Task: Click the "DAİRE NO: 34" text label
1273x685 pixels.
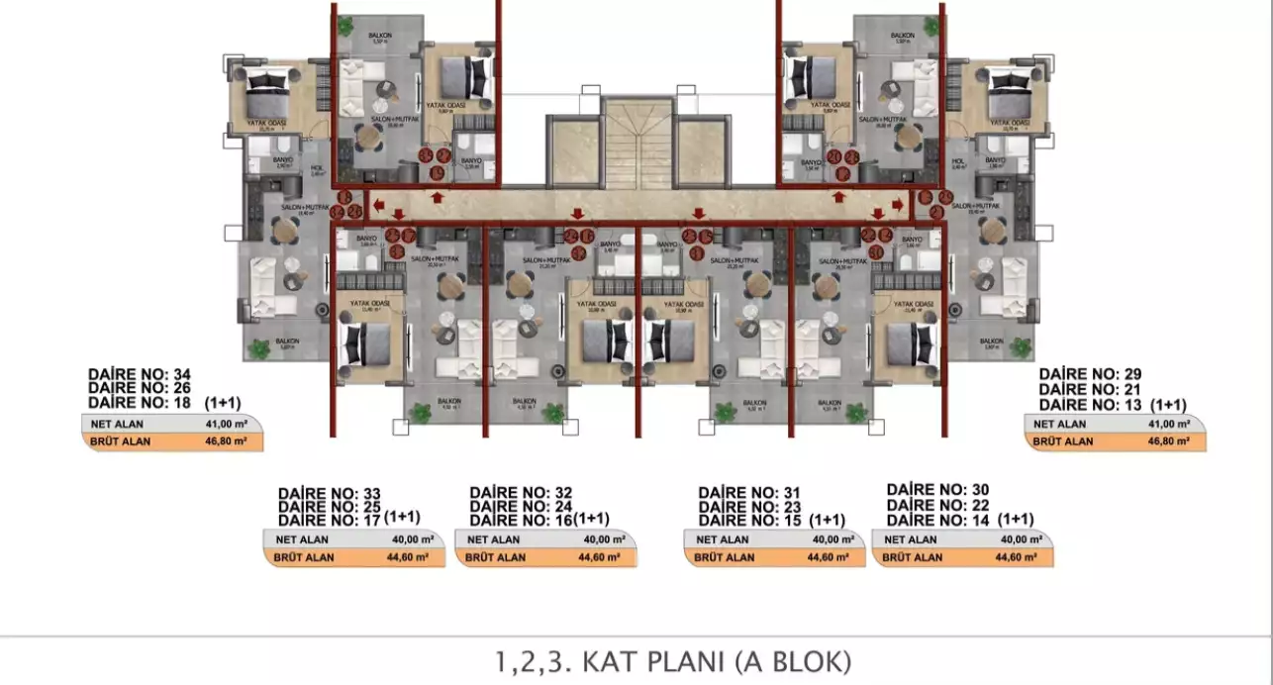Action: pos(140,374)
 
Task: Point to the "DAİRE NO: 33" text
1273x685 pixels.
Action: pos(330,493)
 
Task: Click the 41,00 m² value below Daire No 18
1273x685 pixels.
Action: pos(227,424)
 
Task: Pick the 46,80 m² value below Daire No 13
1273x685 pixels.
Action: pos(1169,440)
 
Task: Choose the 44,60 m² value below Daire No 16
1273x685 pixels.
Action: pos(599,557)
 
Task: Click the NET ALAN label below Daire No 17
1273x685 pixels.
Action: pos(297,540)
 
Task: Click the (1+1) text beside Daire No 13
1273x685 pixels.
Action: pos(1168,405)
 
